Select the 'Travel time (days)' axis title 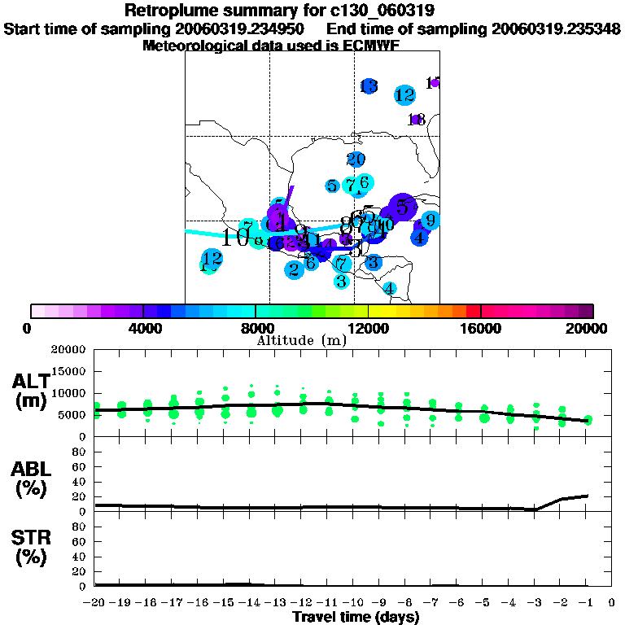pos(356,618)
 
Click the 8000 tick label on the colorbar pos(255,328)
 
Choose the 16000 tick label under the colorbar pos(481,328)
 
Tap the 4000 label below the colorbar pos(142,328)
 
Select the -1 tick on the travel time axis pos(586,604)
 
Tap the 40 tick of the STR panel pos(80,556)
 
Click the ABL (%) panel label pos(33,481)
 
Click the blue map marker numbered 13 pos(369,85)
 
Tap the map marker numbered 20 pos(356,160)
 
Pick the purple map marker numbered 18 pos(417,120)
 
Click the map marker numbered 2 pos(294,269)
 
